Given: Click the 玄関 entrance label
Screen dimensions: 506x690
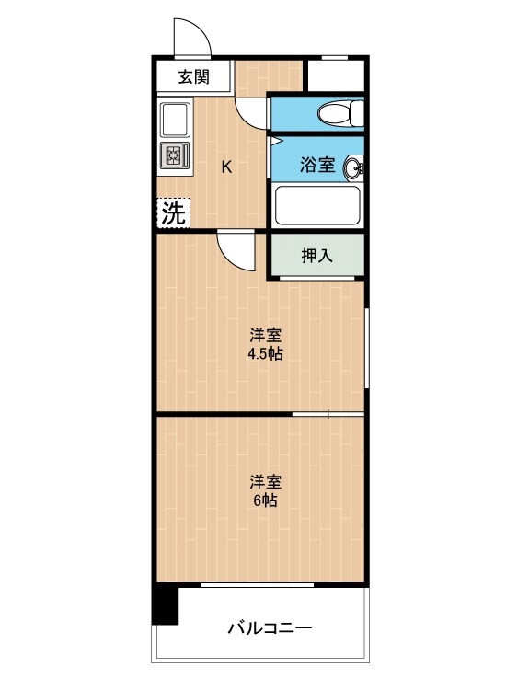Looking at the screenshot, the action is pos(193,77).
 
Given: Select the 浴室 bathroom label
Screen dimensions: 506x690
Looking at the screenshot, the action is pos(316,165).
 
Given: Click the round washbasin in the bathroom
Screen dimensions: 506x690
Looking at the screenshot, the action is pos(354,168).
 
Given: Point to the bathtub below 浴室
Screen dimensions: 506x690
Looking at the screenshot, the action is pos(316,205).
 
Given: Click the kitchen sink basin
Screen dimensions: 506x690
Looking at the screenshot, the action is pos(176,120).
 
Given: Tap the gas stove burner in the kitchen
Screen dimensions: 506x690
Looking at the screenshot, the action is pos(175,155).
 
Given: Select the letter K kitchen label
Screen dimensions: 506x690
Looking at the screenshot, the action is pos(226,167).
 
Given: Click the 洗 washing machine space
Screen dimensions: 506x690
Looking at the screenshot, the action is pos(173,213).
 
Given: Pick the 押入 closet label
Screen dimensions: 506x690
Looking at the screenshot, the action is pos(316,256).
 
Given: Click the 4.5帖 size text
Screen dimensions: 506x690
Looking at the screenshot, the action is pos(265,354).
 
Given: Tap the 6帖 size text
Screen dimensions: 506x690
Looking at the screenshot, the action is pos(265,500).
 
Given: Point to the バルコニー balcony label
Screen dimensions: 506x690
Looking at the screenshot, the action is pos(270,627).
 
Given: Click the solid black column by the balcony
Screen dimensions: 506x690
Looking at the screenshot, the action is pos(165,605).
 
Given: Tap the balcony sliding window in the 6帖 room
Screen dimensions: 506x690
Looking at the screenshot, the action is pos(258,585).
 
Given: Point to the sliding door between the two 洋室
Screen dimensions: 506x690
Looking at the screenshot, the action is pos(328,414).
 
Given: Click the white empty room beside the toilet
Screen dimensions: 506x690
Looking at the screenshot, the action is pos(336,75).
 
